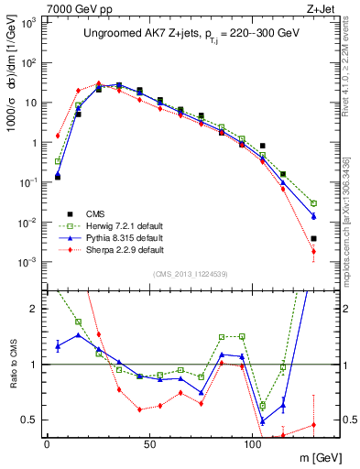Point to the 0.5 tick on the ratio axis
tap(31, 420)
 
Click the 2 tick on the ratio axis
tap(36, 309)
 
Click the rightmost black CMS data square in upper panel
tap(313, 238)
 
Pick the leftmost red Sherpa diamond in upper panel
tap(58, 136)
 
